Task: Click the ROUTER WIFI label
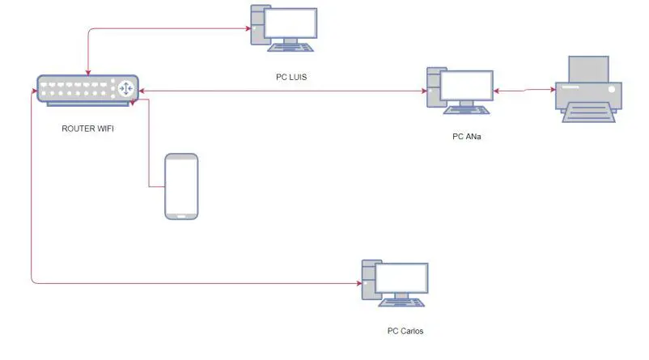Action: point(87,128)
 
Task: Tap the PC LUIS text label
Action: point(291,78)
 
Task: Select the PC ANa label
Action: point(466,136)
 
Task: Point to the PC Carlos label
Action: point(405,331)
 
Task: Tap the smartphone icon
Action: point(181,186)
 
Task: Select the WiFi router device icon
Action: point(87,90)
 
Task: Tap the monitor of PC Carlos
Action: point(404,280)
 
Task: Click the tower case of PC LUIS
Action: point(258,25)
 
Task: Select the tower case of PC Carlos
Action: point(369,281)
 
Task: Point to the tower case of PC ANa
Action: point(433,87)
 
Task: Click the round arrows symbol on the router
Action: point(126,88)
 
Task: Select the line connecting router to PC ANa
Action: point(283,91)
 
